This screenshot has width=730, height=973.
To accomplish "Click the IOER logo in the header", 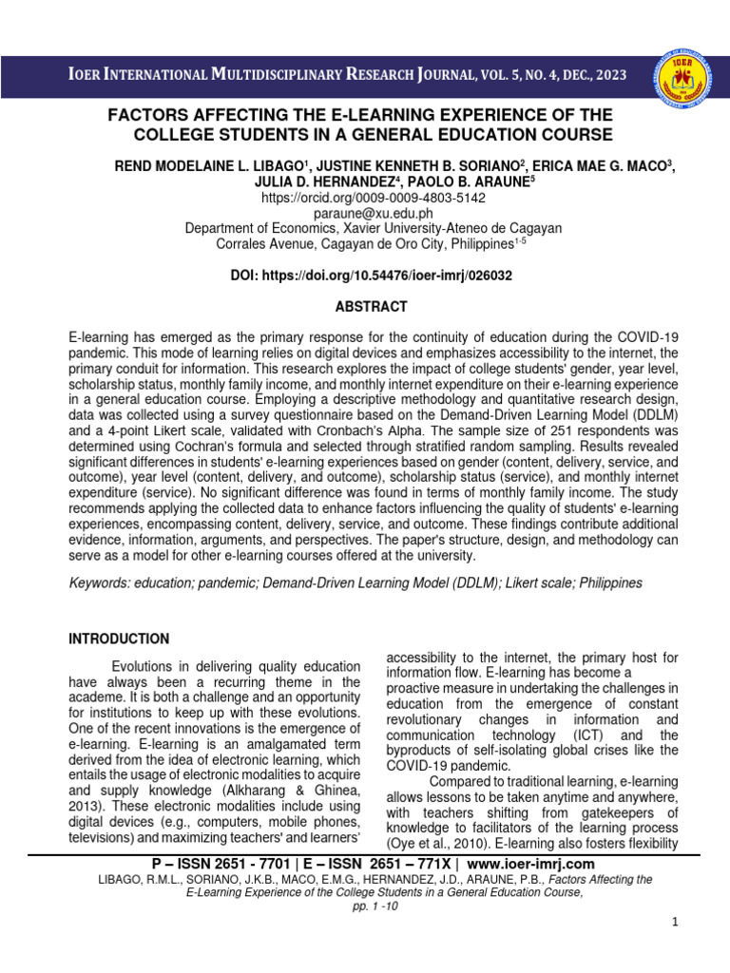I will (x=681, y=76).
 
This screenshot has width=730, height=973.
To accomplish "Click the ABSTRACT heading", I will (x=371, y=307).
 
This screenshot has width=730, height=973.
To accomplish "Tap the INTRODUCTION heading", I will (x=119, y=639).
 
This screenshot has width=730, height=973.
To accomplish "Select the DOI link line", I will (x=371, y=276).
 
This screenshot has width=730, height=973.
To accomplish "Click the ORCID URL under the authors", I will (x=373, y=199).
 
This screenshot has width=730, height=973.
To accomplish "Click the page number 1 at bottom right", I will (x=674, y=924).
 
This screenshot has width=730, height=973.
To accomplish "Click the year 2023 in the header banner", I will (x=608, y=76).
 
